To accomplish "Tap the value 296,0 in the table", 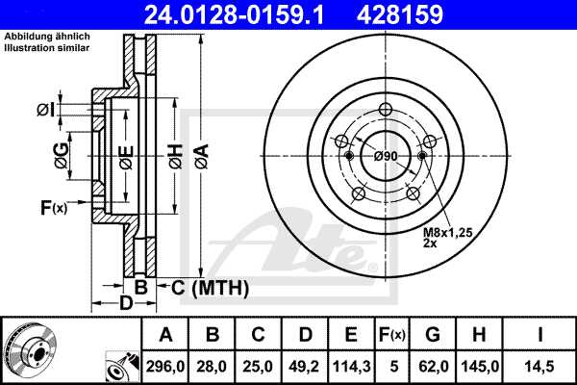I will point(165,366).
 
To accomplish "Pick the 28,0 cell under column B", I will point(213,366).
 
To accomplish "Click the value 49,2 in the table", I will point(306,366).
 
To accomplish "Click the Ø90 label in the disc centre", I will point(386,156).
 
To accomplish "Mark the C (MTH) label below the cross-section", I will point(209,287).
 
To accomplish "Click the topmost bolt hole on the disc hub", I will point(386,109).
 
